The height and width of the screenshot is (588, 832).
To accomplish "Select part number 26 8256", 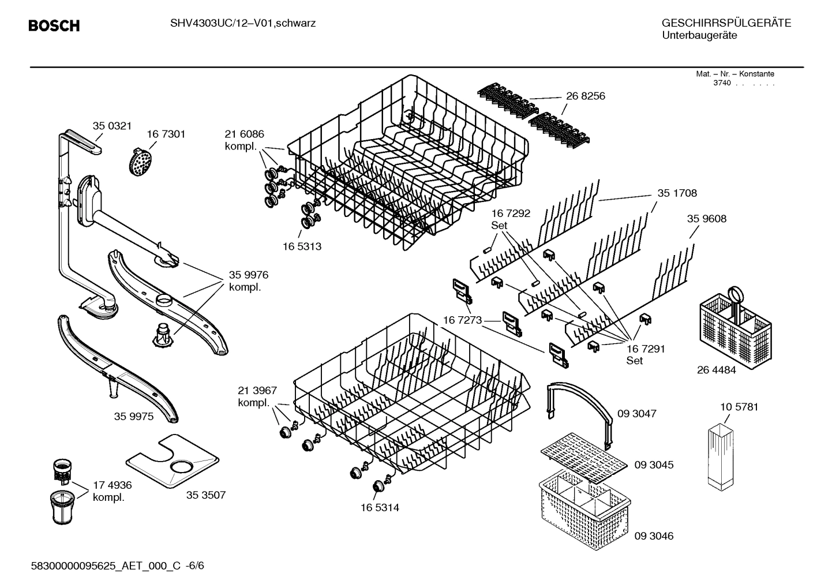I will [585, 96].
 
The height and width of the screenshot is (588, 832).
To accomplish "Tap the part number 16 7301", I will [166, 134].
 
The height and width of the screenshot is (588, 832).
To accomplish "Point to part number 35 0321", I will [112, 125].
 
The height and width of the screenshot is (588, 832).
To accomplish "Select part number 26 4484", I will [716, 370].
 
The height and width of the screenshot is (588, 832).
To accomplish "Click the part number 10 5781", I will [739, 407].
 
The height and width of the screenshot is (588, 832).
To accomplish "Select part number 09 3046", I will [654, 535].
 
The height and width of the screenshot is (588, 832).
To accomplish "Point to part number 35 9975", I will [133, 416].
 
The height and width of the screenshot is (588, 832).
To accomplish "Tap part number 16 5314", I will [380, 508].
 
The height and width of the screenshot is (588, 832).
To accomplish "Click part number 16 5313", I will [302, 246].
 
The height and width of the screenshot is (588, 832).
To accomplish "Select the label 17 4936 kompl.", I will [112, 492].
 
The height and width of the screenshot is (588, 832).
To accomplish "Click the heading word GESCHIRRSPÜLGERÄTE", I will [726, 23].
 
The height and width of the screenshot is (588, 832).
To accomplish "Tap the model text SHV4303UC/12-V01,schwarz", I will [242, 24].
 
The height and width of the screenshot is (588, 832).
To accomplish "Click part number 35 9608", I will [706, 219].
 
